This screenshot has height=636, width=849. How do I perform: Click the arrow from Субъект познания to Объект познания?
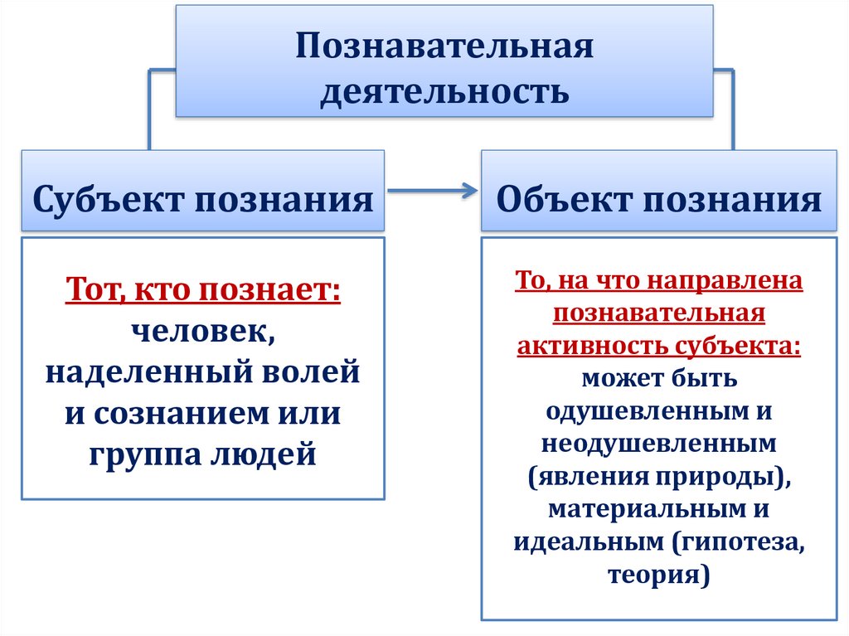[432, 191]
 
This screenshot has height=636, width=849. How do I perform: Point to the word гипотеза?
[740, 541]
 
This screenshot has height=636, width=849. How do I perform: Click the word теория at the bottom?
[659, 574]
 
